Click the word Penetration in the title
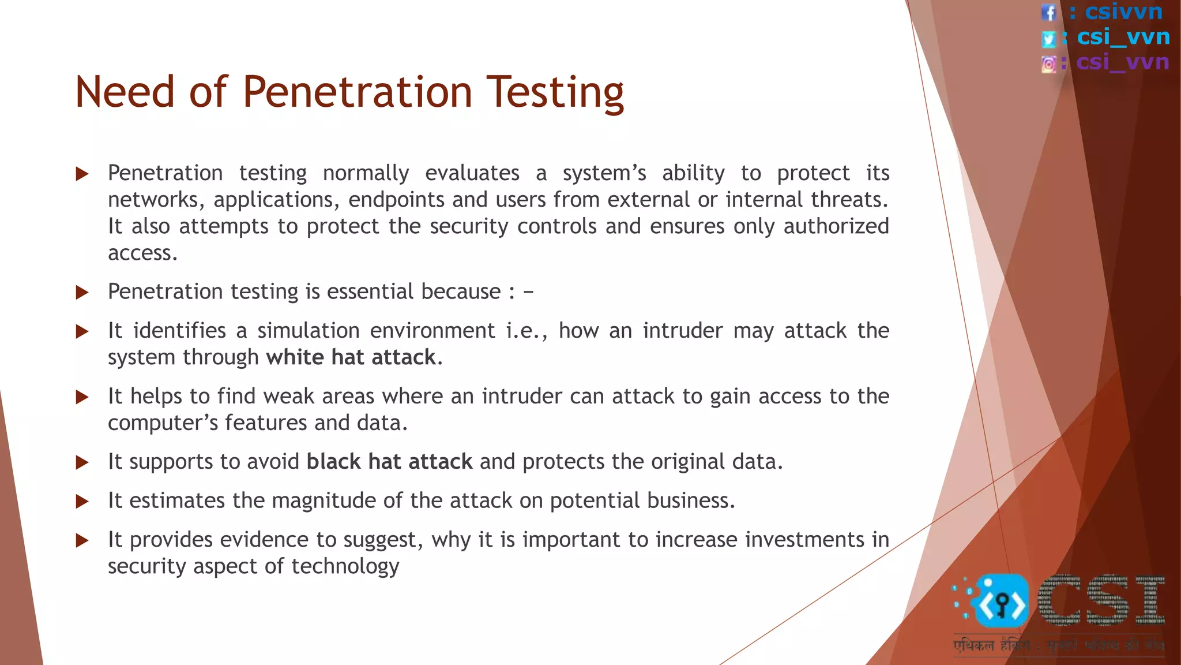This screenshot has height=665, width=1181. pyautogui.click(x=358, y=92)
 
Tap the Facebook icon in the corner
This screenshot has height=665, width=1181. pyautogui.click(x=1049, y=12)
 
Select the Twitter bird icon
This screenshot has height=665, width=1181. pyautogui.click(x=1049, y=39)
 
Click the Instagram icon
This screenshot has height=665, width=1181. pyautogui.click(x=1049, y=64)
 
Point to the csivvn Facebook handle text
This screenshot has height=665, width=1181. pyautogui.click(x=1123, y=12)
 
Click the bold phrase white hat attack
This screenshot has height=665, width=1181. pyautogui.click(x=351, y=357)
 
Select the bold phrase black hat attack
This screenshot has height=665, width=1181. pyautogui.click(x=389, y=462)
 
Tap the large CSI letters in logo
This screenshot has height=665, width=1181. pyautogui.click(x=1101, y=601)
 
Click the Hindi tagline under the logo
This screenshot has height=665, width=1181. pyautogui.click(x=1058, y=645)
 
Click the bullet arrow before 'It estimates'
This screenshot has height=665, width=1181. pyautogui.click(x=82, y=501)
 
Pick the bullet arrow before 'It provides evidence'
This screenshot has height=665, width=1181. pyautogui.click(x=82, y=540)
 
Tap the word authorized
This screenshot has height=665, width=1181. pyautogui.click(x=836, y=226)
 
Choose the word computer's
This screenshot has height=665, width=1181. pyautogui.click(x=163, y=423)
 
